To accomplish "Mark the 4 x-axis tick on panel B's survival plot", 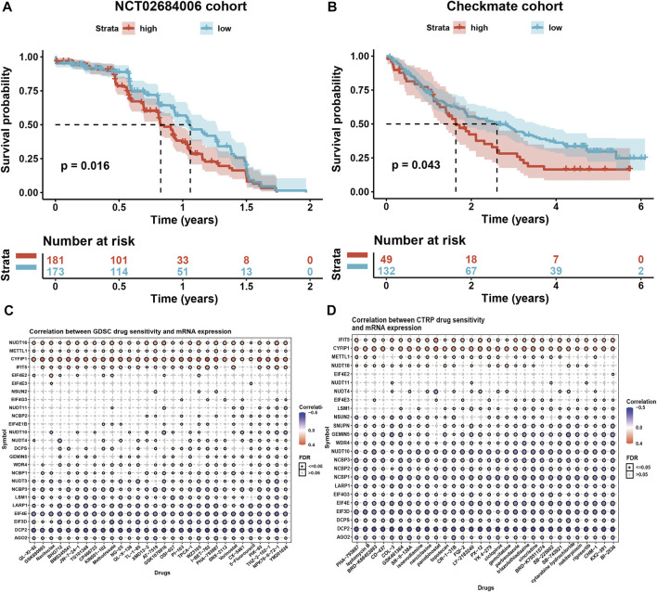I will (x=556, y=203).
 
